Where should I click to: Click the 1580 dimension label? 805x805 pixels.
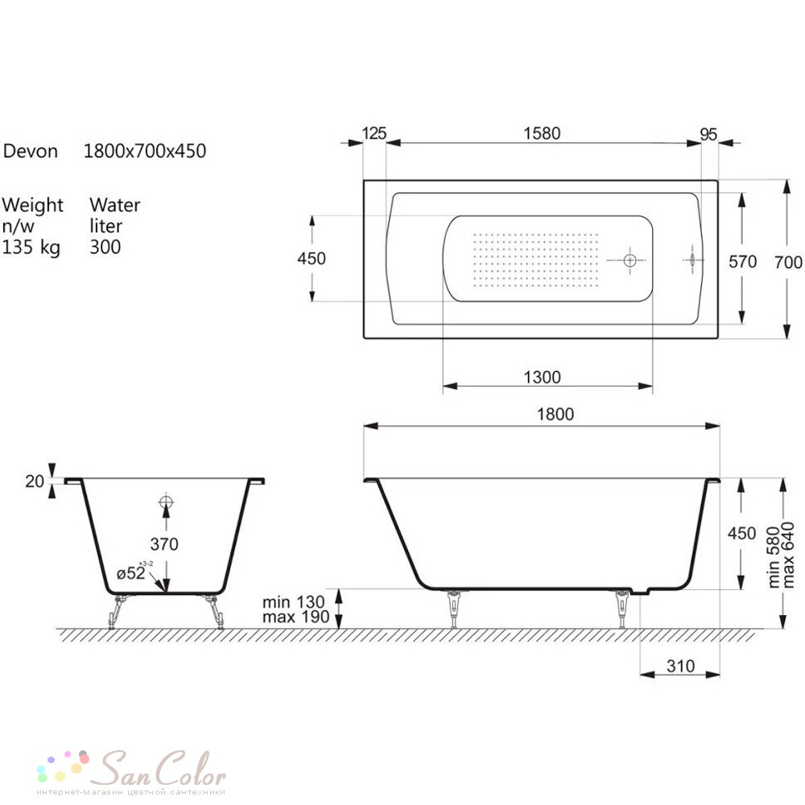[542, 134]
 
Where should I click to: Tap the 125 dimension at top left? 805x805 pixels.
[374, 134]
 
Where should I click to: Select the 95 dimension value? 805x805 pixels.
[708, 134]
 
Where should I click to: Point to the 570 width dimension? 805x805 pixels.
[742, 262]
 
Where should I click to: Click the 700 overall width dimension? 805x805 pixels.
[788, 262]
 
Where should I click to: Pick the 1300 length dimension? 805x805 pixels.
[542, 378]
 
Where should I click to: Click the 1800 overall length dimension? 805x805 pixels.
[555, 415]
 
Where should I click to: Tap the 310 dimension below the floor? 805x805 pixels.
[680, 666]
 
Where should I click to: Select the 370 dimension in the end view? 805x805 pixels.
[163, 544]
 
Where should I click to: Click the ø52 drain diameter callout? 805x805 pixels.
[134, 572]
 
